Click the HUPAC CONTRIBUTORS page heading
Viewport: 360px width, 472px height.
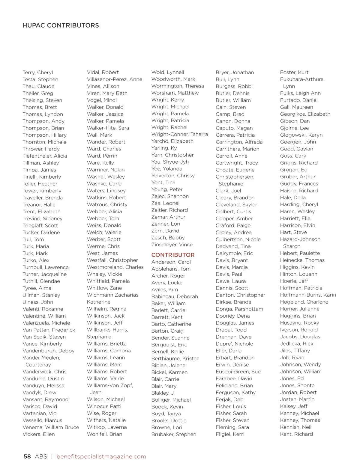pos(61,25)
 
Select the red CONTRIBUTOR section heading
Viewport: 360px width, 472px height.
pos(173,255)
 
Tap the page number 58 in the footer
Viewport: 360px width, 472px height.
pos(27,456)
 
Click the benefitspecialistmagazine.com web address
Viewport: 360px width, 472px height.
pos(101,456)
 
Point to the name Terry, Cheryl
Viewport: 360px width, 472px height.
pos(38,73)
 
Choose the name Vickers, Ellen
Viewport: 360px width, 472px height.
pos(39,434)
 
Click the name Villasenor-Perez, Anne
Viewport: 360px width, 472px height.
pos(115,79)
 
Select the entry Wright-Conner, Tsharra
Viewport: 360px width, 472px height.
pos(180,134)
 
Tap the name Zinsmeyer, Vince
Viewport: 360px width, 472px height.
pos(172,245)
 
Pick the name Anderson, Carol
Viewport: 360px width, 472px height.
pos(171,262)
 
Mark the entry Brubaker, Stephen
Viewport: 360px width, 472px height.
pos(174,434)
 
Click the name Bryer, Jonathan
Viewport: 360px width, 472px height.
pos(235,73)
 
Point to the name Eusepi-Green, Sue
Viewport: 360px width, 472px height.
pos(238,372)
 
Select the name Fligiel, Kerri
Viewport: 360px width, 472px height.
pos(230,434)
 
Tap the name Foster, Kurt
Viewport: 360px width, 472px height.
pos(294,73)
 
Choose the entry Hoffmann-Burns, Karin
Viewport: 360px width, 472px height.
pos(308,295)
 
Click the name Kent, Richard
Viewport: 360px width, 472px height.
pos(296,434)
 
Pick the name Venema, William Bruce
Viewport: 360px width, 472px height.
pos(51,427)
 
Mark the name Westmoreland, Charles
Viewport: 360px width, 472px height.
pos(115,267)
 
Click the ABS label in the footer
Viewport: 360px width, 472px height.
pos(41,456)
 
